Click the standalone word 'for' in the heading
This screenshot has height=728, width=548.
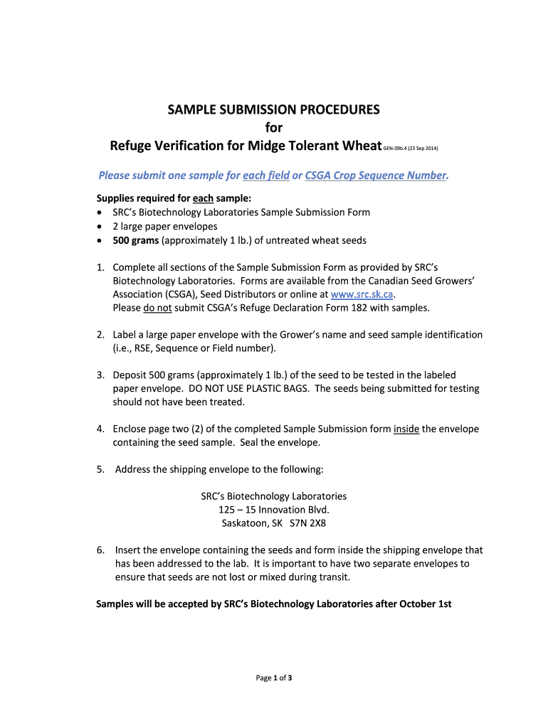point(274,128)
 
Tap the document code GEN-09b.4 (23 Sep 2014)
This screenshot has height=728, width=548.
point(411,149)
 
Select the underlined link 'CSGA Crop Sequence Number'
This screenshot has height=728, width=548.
point(375,175)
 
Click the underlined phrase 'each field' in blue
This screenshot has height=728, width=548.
point(266,175)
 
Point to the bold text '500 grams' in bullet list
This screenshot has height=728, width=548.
point(136,240)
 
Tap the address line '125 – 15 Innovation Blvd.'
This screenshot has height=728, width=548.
point(274,510)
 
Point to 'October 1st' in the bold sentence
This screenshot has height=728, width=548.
point(426,604)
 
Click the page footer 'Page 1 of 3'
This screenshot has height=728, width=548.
point(274,678)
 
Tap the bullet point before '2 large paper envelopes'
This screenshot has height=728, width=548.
point(100,227)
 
